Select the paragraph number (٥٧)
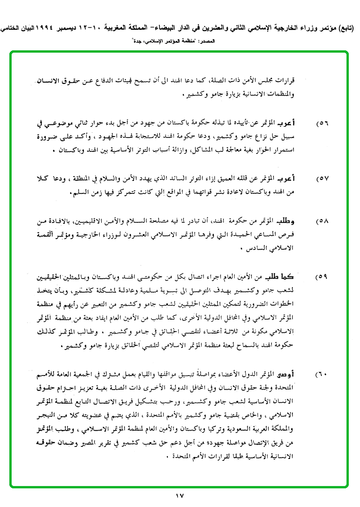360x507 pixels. (322, 179)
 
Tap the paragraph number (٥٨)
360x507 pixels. (322, 221)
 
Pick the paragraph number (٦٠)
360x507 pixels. (322, 375)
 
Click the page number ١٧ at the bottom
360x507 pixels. (180, 495)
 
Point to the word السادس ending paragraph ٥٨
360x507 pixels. (258, 248)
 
